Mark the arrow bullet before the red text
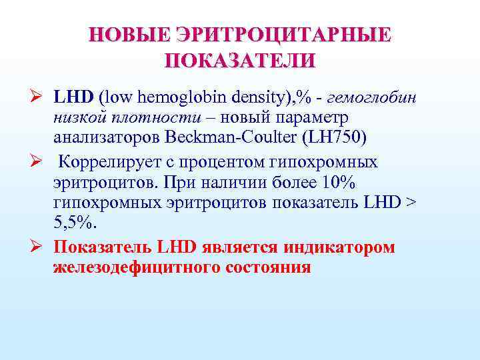[x=41, y=247]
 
